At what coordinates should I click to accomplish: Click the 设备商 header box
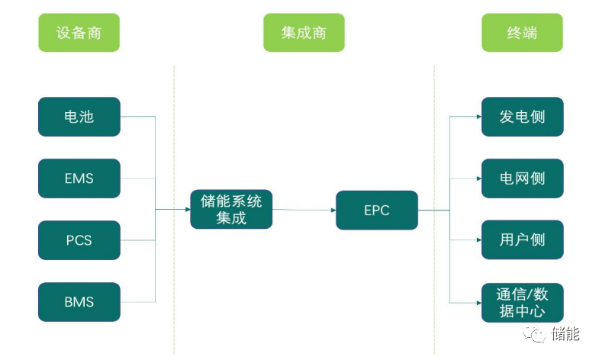(79, 34)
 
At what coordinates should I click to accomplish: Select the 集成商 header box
(304, 34)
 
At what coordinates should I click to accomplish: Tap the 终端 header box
(522, 34)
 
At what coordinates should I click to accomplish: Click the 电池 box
(79, 117)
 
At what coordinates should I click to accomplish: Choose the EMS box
(79, 178)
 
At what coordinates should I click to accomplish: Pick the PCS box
(79, 240)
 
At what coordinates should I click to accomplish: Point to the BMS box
(79, 302)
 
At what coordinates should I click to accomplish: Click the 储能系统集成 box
(231, 210)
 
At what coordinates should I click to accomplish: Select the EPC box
(376, 211)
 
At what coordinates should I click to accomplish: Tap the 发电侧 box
(522, 117)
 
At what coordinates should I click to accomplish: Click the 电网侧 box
(522, 178)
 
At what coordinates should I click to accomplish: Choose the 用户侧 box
(522, 240)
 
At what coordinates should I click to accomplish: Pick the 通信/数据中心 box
(522, 302)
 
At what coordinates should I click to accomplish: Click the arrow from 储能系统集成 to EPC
(304, 210)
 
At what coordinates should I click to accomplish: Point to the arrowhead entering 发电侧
(477, 117)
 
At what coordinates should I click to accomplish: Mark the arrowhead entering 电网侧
(477, 178)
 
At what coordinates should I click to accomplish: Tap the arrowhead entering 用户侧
(477, 240)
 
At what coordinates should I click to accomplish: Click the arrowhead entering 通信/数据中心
(477, 302)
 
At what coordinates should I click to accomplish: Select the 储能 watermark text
(565, 334)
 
